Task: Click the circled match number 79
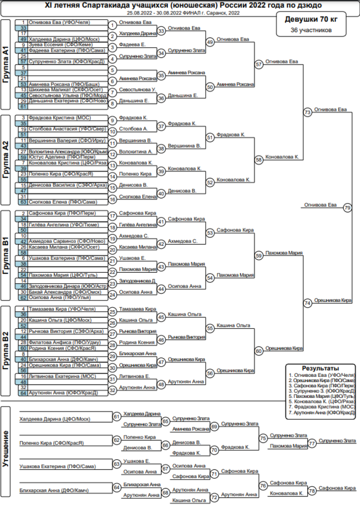pos(348,207)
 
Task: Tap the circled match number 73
pos(308,112)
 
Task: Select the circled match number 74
pos(308,303)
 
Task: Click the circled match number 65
pos(166,421)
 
